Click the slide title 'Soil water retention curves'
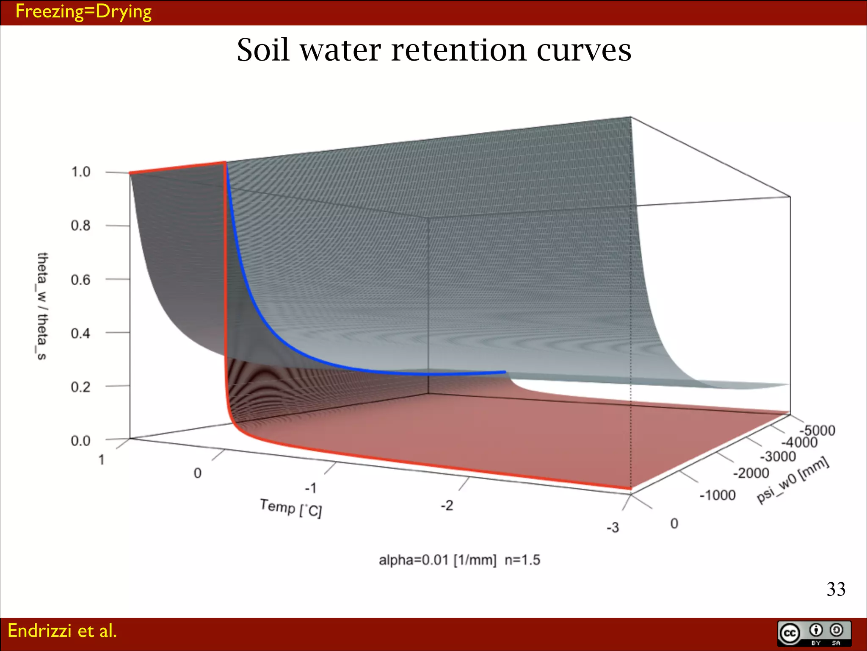point(433,50)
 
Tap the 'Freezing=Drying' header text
point(83,12)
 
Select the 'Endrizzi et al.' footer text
point(62,631)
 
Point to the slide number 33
point(836,589)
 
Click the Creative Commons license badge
point(814,634)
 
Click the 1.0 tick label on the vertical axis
point(80,172)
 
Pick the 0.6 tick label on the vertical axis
point(80,280)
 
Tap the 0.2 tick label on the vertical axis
point(80,387)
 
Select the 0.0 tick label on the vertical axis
point(80,441)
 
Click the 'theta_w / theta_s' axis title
point(42,306)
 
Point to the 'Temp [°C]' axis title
point(291,508)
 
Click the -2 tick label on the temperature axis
point(447,505)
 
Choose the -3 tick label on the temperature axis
point(613,528)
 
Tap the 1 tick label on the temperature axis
point(102,459)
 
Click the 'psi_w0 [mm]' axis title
point(792,480)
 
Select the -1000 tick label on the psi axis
point(717,495)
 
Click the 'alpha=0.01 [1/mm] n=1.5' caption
point(459,560)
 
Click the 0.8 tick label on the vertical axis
point(80,225)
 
